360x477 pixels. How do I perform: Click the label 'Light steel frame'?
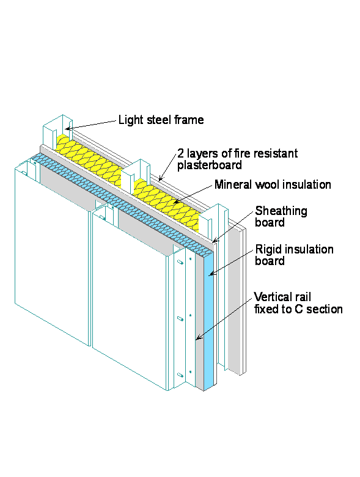pyautogui.click(x=161, y=120)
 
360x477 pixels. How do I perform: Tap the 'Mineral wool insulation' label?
pyautogui.click(x=272, y=184)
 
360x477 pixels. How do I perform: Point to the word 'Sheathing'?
pyautogui.click(x=281, y=211)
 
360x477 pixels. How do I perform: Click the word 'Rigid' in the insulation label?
pyautogui.click(x=269, y=249)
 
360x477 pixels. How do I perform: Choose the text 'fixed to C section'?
pyautogui.click(x=298, y=309)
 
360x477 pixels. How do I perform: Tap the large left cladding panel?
pyautogui.click(x=52, y=257)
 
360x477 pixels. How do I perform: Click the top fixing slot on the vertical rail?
pyautogui.click(x=180, y=263)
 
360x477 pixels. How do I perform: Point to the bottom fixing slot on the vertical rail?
pyautogui.click(x=180, y=374)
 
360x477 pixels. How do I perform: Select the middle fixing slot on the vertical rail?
pyautogui.click(x=180, y=319)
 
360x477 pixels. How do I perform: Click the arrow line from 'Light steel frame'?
pyautogui.click(x=92, y=124)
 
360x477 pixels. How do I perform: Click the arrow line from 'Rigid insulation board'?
pyautogui.click(x=232, y=263)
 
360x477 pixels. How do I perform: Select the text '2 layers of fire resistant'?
pyautogui.click(x=237, y=153)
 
